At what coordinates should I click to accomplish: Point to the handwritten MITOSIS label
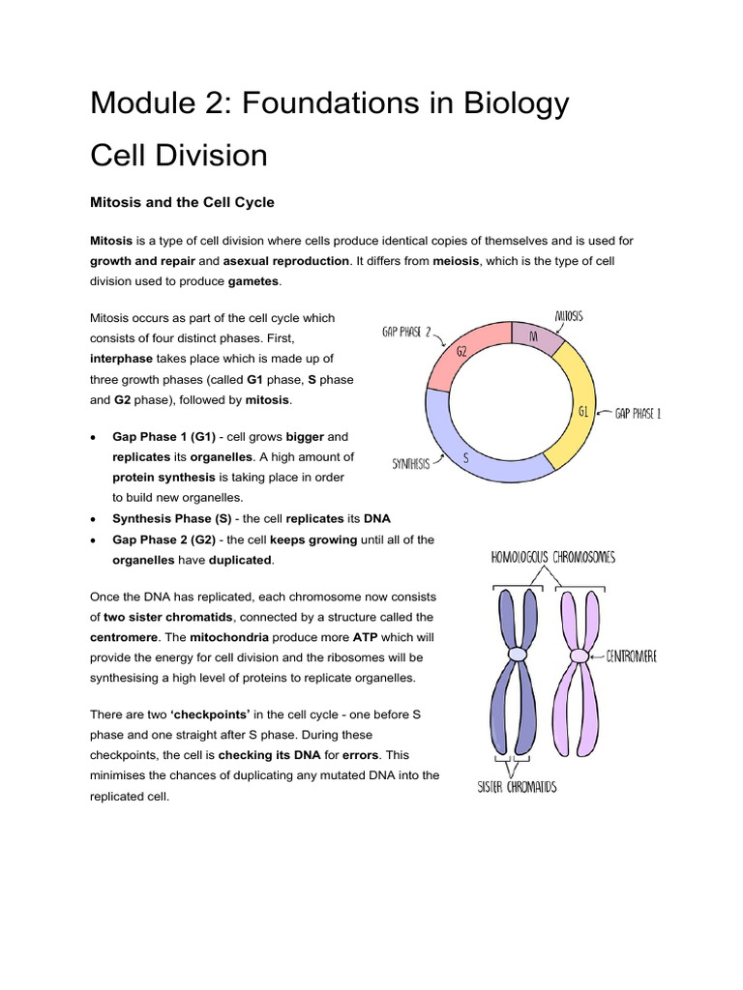pyautogui.click(x=569, y=316)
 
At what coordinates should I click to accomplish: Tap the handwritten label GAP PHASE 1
pyautogui.click(x=639, y=414)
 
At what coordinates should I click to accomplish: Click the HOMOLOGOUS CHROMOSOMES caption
pyautogui.click(x=552, y=557)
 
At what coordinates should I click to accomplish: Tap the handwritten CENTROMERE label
pyautogui.click(x=632, y=656)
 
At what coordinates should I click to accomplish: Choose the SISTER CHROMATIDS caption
pyautogui.click(x=518, y=786)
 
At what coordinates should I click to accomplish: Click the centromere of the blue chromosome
pyautogui.click(x=519, y=655)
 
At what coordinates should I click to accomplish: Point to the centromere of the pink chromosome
pyautogui.click(x=579, y=655)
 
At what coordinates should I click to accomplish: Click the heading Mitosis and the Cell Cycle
pyautogui.click(x=182, y=202)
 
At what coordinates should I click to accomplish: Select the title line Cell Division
pyautogui.click(x=178, y=155)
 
